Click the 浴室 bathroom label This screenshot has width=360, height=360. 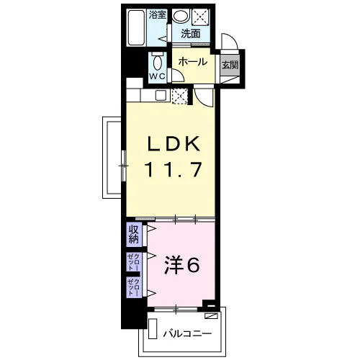click(157, 15)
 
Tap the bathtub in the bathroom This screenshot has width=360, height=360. click(136, 28)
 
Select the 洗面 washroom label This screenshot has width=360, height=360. click(191, 34)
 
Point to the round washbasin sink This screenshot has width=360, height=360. click(181, 16)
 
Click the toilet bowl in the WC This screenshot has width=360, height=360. click(158, 63)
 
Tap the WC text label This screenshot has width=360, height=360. click(158, 76)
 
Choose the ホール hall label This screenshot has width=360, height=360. click(193, 62)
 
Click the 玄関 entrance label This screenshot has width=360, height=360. click(230, 65)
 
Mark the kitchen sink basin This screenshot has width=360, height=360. click(161, 96)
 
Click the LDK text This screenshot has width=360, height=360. click(174, 144)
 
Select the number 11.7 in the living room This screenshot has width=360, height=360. click(173, 169)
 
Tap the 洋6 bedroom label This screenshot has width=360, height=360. click(181, 265)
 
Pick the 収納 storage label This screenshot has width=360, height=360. click(134, 235)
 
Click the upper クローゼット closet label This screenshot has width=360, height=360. click(133, 261)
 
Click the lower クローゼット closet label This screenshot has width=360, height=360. click(133, 287)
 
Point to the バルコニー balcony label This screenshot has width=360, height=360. click(187, 333)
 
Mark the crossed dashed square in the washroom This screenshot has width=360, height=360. click(201, 17)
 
